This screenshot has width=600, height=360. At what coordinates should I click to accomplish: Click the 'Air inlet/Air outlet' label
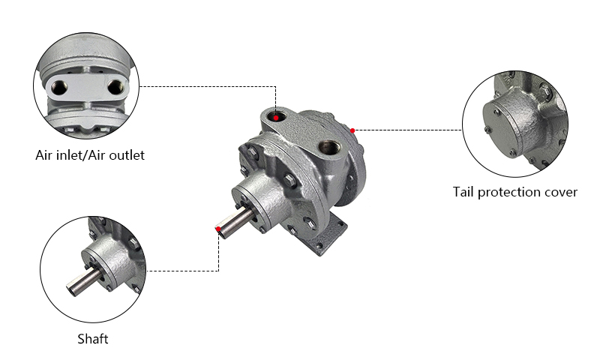(90, 156)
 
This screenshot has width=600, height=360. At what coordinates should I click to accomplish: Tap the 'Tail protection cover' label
(515, 192)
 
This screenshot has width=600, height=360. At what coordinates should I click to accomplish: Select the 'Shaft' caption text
(93, 339)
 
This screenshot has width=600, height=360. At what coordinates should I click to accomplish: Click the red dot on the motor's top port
(277, 116)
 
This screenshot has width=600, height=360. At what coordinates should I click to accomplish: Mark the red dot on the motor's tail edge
(352, 130)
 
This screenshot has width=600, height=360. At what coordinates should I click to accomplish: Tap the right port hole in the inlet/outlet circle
(114, 87)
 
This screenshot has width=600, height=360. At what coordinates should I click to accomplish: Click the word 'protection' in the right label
(509, 192)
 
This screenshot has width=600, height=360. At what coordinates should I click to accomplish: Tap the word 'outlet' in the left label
(127, 156)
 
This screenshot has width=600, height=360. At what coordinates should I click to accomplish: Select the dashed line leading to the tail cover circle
(409, 130)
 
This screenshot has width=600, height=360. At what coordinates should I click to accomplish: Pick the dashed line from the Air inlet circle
(210, 86)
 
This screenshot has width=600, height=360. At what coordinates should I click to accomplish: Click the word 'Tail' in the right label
(463, 192)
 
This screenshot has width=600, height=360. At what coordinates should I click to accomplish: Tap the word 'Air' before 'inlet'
(45, 156)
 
